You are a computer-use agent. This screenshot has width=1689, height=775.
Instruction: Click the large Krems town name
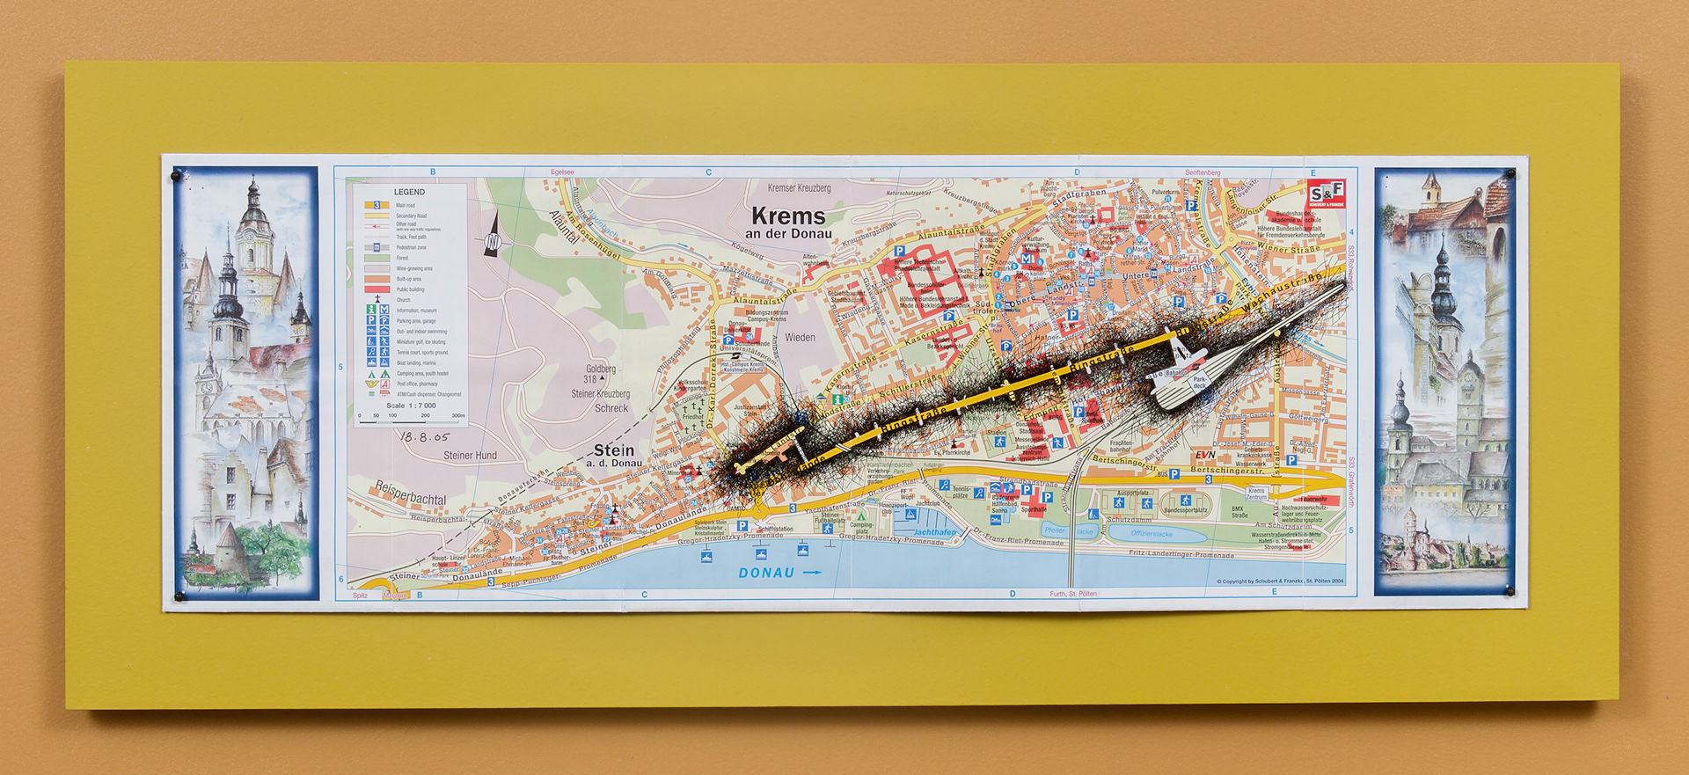[x=788, y=216]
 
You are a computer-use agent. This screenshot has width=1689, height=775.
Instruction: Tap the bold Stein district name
[x=614, y=450]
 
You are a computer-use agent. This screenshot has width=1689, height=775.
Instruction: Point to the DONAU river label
[x=766, y=573]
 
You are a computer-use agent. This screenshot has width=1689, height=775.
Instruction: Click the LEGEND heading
[x=409, y=192]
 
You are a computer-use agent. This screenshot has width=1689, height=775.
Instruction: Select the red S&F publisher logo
[x=1326, y=194]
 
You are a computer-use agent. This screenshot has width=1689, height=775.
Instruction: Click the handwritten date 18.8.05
[x=424, y=436]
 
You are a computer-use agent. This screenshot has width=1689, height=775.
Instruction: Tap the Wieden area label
[x=800, y=337]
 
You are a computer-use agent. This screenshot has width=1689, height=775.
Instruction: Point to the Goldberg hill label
[x=601, y=369]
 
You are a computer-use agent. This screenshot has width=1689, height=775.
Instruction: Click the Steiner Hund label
[x=470, y=456]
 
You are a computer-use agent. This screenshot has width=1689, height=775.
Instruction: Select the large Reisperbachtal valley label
[x=410, y=493]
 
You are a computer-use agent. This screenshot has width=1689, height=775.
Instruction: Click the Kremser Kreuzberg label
[x=799, y=187]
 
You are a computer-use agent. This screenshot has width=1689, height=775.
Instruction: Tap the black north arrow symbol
[x=493, y=236]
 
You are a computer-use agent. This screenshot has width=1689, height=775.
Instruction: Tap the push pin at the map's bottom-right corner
[x=1510, y=591]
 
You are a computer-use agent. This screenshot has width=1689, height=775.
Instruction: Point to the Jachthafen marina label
[x=934, y=532]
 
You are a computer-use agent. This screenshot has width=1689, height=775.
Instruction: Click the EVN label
[x=1204, y=455]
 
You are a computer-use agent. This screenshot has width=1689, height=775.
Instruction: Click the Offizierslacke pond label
[x=1152, y=534]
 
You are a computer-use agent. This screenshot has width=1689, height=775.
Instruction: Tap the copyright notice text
[x=1280, y=581]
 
